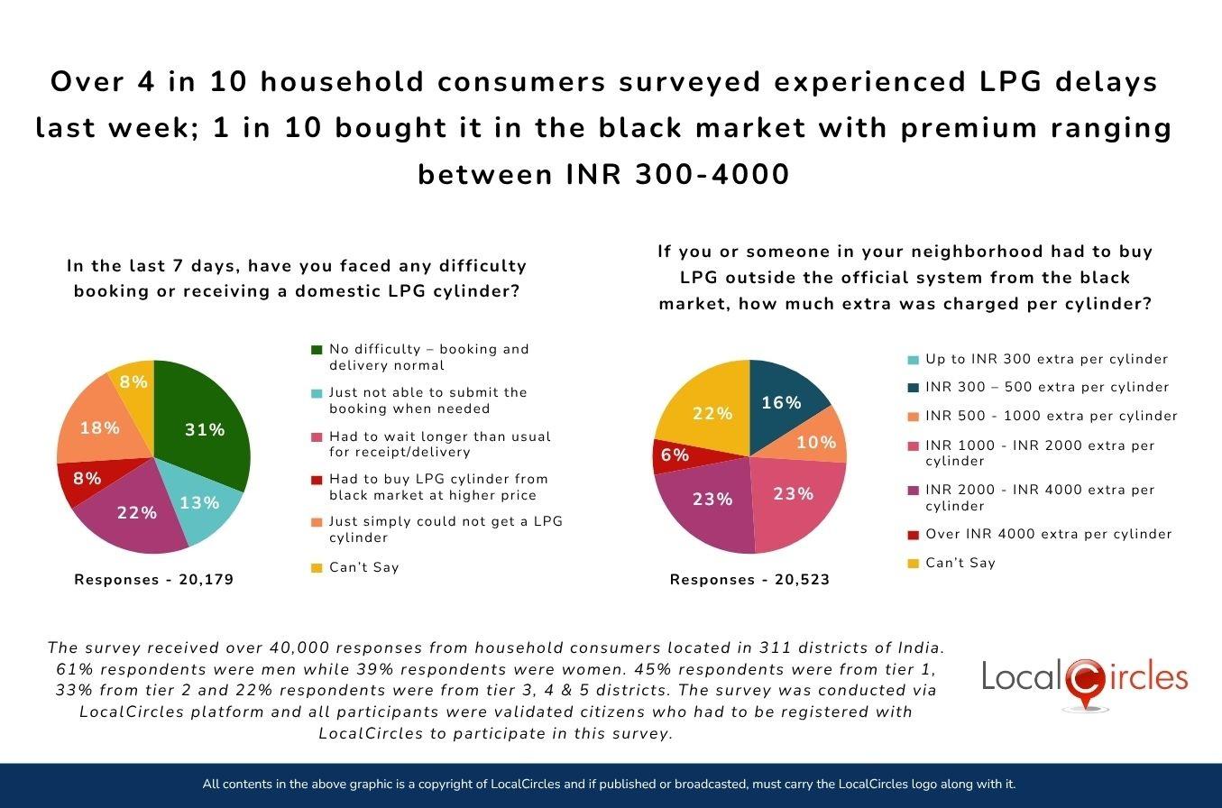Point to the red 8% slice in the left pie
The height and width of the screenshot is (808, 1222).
[x=87, y=478]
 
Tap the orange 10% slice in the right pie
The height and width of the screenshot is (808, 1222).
[x=817, y=441]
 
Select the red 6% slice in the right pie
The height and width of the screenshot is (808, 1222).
[x=675, y=454]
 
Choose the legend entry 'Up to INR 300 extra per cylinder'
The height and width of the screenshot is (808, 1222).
[x=1046, y=359]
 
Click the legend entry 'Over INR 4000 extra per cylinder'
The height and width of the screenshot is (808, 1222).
[x=1048, y=534]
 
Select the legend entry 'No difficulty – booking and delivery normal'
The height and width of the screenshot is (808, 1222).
[x=428, y=357]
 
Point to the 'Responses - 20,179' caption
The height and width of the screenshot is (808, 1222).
[x=154, y=580]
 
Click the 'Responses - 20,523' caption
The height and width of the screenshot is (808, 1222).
[x=749, y=580]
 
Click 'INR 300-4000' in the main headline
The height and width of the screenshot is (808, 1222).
[x=677, y=174]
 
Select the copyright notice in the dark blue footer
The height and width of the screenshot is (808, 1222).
[x=610, y=785]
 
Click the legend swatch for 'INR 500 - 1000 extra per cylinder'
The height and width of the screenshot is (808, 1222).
[x=913, y=417]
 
